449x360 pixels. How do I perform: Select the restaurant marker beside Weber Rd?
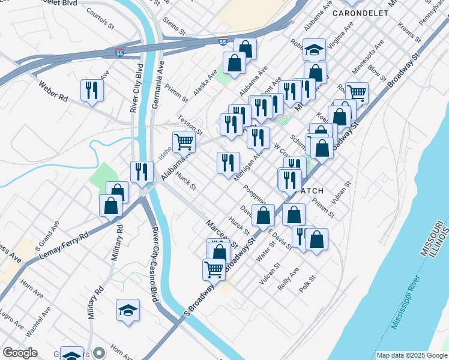(92, 90)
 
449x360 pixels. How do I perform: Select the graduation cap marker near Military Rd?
(128, 310)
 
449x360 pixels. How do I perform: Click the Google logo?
(20, 352)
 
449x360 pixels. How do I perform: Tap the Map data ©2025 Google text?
(411, 355)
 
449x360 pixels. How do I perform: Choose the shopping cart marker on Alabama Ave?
(184, 142)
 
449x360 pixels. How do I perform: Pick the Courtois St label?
(100, 19)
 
